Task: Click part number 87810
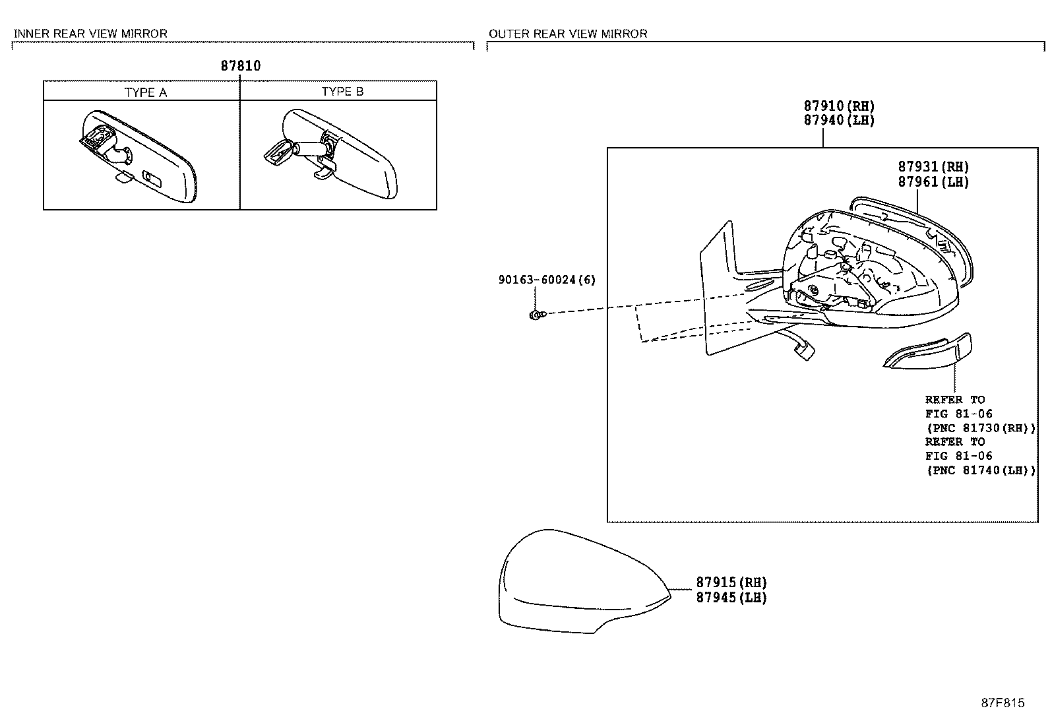tap(240, 66)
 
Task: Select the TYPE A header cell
tap(145, 92)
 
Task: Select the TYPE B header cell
tap(342, 92)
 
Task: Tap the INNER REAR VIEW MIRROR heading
tap(90, 34)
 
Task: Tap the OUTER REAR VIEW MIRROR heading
tap(567, 34)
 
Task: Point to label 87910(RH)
tap(838, 106)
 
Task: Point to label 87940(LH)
tap(838, 120)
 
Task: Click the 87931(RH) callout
tap(933, 167)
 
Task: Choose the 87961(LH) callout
tap(933, 181)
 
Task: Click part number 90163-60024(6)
tap(546, 280)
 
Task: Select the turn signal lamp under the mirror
tap(929, 351)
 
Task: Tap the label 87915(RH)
tap(731, 583)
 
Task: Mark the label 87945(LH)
tap(731, 598)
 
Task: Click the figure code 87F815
tap(1002, 703)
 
